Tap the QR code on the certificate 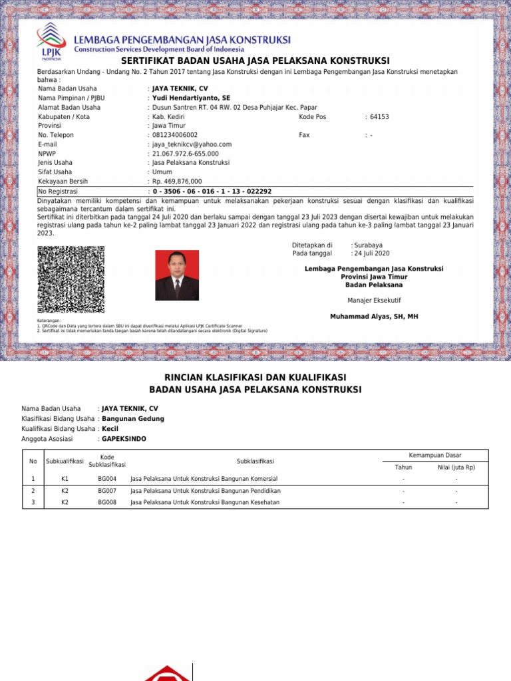71,279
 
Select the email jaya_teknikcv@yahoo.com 192,144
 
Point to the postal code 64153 379,116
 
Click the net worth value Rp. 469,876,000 177,181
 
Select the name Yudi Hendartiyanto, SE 191,98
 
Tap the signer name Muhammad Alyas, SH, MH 374,317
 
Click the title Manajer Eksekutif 374,301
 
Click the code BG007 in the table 107,491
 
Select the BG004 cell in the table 107,479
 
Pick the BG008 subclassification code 107,503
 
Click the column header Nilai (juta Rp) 456,468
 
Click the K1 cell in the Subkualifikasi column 65,479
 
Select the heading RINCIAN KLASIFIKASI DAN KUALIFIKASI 255,377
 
